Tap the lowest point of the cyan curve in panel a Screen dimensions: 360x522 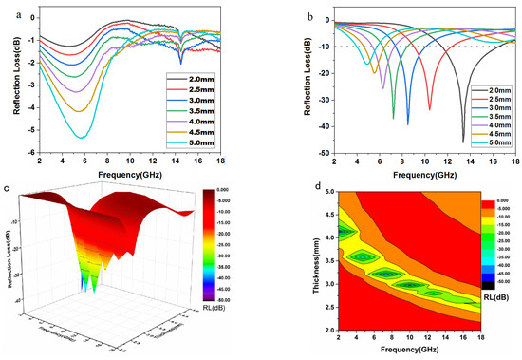[82, 138]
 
